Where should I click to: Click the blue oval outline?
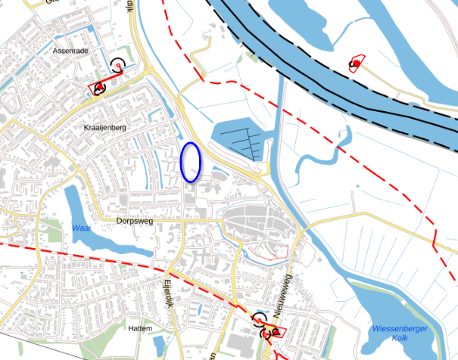point(190,162)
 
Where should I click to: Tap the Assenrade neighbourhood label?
point(72,51)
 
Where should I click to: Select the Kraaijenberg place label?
point(106,129)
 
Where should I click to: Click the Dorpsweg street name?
point(136,222)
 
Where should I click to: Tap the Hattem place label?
point(141,329)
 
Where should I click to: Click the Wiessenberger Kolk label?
point(400,333)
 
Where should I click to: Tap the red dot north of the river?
point(355,63)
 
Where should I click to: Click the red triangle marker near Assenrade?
point(99,88)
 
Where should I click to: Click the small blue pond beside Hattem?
point(159,345)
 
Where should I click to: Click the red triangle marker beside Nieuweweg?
point(276,332)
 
